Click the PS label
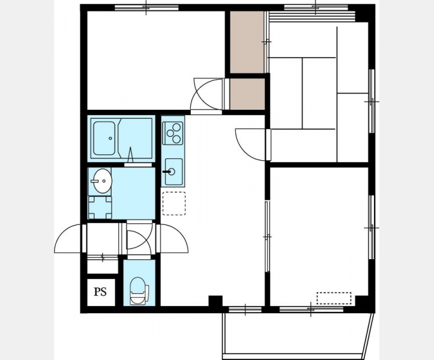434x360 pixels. click(100, 292)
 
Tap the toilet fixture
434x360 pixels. click(139, 291)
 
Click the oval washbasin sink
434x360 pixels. click(102, 181)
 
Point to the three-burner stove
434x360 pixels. click(173, 133)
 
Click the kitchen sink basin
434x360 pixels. click(173, 172)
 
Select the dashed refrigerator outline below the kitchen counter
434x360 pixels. click(174, 203)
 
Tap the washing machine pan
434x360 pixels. click(100, 208)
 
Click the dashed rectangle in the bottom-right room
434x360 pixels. click(334, 298)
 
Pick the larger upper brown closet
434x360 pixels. click(247, 42)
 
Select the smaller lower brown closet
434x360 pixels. click(247, 94)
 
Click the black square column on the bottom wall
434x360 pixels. click(215, 301)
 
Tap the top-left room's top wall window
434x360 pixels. click(146, 7)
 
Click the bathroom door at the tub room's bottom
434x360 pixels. click(137, 164)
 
